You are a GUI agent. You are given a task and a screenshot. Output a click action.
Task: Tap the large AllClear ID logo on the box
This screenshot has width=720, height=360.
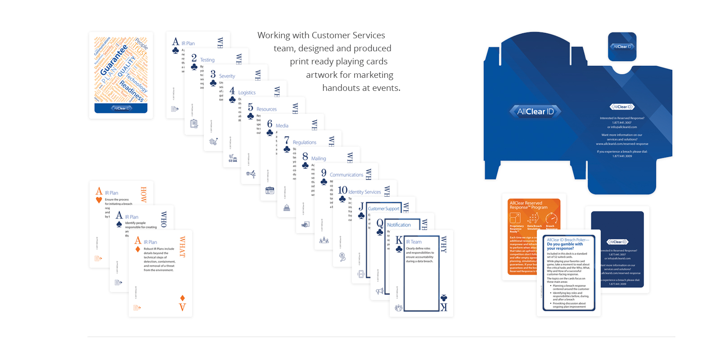coord(535,112)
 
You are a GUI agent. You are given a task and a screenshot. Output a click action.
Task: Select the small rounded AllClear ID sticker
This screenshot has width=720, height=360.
coord(622,47)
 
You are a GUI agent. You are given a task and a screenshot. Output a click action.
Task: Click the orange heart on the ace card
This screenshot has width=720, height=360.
coord(99,200)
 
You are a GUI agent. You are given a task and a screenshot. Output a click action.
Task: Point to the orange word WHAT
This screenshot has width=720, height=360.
coord(182,247)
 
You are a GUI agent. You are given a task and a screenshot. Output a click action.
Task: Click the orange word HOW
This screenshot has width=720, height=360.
coord(144,194)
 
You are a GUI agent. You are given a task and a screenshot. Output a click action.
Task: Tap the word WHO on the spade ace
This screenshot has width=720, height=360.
coord(163,219)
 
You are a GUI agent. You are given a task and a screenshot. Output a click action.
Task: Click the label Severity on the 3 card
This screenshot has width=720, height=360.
coord(227,76)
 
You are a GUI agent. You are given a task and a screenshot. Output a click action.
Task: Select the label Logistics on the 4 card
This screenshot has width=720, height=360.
coord(247,93)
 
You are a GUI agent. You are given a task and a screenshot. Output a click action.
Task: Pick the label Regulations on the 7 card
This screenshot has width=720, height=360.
coord(305,142)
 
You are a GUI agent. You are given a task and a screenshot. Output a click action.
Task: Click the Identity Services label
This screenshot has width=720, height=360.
coord(364,192)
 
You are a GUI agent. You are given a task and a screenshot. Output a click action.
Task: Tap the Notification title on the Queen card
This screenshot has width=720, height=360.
coord(399,225)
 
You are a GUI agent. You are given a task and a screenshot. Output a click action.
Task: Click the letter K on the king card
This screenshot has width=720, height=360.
coord(399,241)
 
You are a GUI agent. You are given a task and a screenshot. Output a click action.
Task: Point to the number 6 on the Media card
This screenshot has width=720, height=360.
coord(270,124)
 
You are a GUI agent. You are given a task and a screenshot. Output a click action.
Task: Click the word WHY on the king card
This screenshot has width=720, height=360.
coord(444,245)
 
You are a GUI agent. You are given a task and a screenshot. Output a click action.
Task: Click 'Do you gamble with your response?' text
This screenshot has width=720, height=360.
coord(564,246)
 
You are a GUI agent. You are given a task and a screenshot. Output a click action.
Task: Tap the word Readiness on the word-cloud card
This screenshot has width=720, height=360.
coord(132,91)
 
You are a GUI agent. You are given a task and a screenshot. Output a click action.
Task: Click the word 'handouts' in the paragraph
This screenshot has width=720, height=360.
coord(341,88)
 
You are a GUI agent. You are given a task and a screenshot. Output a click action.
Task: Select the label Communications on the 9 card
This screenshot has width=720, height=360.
coord(346,175)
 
